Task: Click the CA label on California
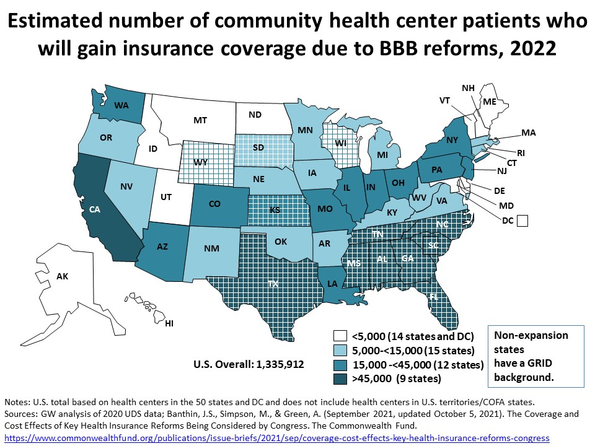point(95,210)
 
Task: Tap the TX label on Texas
point(273,283)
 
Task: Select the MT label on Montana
point(200,120)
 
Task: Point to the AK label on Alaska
point(62,276)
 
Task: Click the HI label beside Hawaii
point(169,324)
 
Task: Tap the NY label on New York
point(452,141)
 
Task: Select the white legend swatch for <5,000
point(339,336)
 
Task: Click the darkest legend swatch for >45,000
point(339,378)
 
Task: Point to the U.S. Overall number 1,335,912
point(278,364)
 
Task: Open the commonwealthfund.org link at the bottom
point(276,438)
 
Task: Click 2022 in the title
point(531,48)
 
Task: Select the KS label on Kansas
point(275,210)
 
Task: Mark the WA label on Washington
point(121,105)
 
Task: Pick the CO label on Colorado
point(215,203)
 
